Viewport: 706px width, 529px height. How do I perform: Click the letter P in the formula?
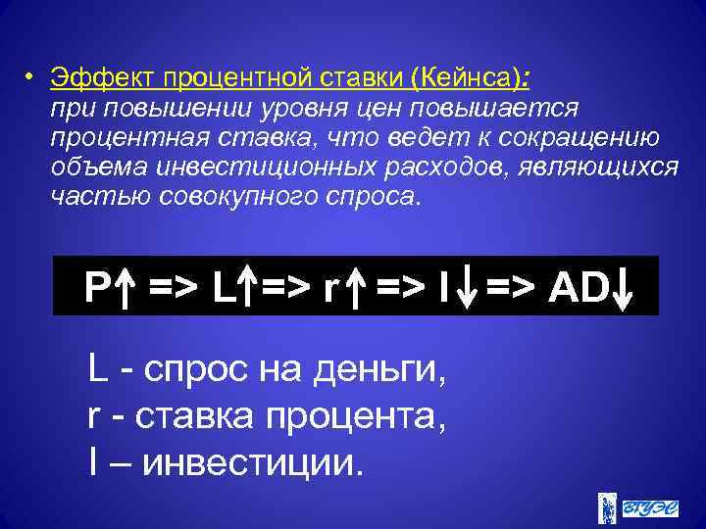(x=95, y=287)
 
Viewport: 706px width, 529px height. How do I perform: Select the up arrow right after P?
(x=124, y=287)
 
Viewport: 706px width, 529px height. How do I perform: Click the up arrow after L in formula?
(x=249, y=287)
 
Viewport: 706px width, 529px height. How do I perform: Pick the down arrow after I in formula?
(x=471, y=287)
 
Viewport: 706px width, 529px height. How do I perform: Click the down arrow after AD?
(x=624, y=287)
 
